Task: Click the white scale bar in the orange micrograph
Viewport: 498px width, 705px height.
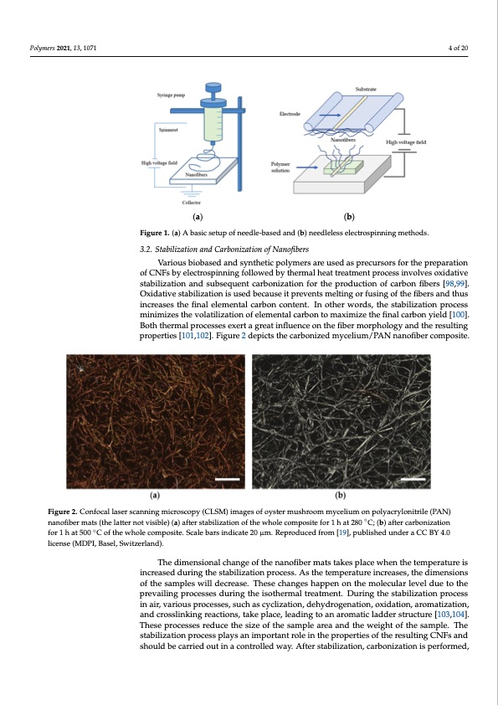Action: point(227,478)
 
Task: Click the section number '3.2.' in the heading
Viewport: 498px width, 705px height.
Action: point(147,249)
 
